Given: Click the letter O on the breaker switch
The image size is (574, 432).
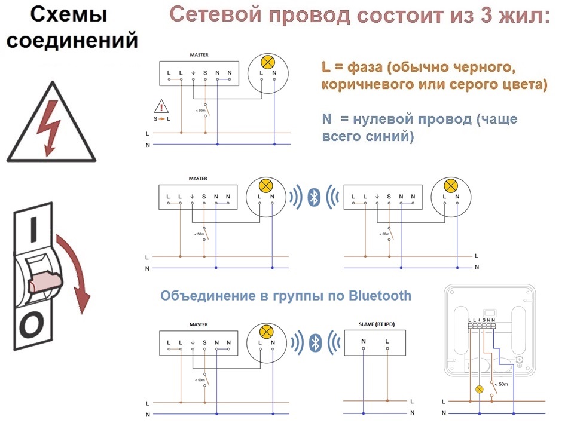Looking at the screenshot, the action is (x=32, y=324).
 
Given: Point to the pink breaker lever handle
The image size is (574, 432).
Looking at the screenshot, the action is (x=45, y=281).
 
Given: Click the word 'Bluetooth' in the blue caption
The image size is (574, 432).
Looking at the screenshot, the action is (x=380, y=296).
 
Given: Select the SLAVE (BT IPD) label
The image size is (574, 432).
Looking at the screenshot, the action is (x=377, y=324).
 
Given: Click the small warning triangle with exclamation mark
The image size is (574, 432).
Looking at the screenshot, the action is (x=161, y=106).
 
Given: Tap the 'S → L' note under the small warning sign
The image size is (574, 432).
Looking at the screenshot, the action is (x=162, y=119).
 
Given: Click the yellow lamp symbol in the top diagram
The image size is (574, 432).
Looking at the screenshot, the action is (x=268, y=62).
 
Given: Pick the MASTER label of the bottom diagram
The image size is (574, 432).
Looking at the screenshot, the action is (x=199, y=324).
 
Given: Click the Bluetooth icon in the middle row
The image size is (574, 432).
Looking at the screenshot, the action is (x=314, y=197).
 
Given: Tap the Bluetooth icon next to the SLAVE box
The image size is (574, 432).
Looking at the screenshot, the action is (x=316, y=343).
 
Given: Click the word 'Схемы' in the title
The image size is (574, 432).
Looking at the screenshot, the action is (x=68, y=14).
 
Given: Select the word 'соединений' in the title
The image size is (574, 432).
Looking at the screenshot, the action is (x=72, y=40).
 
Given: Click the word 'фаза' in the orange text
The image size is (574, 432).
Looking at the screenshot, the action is (x=365, y=68).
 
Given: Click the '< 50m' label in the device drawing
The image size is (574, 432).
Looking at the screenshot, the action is (x=501, y=384).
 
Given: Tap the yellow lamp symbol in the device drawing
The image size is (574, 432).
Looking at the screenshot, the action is (x=479, y=390).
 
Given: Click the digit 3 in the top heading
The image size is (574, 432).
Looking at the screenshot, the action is (x=486, y=16).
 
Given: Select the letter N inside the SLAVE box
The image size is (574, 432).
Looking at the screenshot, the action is (x=363, y=341).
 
